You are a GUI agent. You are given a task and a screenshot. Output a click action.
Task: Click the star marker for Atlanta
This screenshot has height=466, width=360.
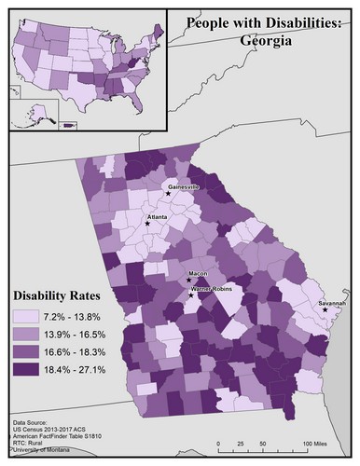click(x=147, y=224)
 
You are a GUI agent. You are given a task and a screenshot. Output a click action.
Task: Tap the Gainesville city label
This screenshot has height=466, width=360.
click(x=184, y=186)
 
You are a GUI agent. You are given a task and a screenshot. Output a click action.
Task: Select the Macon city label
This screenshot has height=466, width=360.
click(x=198, y=274)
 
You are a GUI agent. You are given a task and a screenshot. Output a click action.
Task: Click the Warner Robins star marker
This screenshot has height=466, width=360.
click(x=192, y=295)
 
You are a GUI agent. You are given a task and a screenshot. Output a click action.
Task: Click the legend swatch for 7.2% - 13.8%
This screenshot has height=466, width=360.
click(x=29, y=318)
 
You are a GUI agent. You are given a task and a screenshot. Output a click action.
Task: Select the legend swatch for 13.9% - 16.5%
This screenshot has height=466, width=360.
click(x=29, y=335)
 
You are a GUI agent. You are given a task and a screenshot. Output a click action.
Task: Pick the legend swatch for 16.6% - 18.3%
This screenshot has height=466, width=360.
click(x=29, y=352)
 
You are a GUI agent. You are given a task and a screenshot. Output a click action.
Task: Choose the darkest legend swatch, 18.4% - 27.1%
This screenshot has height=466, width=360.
click(x=29, y=370)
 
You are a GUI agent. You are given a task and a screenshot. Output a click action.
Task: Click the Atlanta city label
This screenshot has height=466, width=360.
click(x=156, y=216)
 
